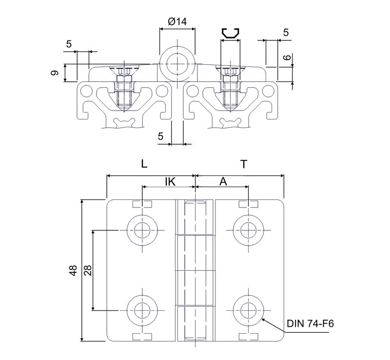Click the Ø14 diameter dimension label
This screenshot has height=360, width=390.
pyautogui.click(x=176, y=21)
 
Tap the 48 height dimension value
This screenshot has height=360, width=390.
pyautogui.click(x=73, y=271)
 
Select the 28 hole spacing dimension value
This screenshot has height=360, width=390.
pyautogui.click(x=88, y=270)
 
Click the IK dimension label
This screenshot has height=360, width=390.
pyautogui.click(x=170, y=181)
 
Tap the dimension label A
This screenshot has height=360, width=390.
pyautogui.click(x=223, y=181)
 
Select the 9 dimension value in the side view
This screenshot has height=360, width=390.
pyautogui.click(x=55, y=73)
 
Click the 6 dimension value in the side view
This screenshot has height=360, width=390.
pyautogui.click(x=287, y=57)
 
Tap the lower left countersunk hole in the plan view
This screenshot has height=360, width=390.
pyautogui.click(x=142, y=309)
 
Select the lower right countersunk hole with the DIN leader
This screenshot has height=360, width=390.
pyautogui.click(x=249, y=309)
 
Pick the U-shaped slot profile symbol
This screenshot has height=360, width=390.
pyautogui.click(x=231, y=34)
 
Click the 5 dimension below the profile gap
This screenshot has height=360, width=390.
pyautogui.click(x=161, y=136)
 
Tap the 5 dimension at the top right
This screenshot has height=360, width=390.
pyautogui.click(x=286, y=33)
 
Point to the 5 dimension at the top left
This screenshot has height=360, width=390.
pyautogui.click(x=69, y=44)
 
